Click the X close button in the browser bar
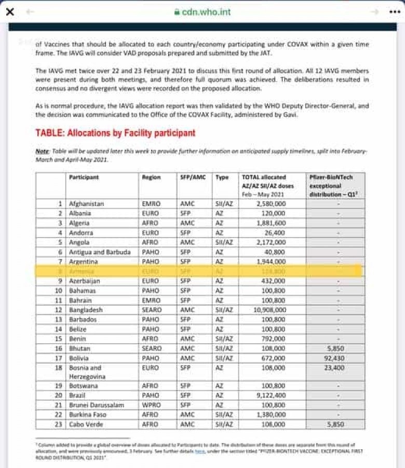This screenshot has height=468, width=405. point(9,11)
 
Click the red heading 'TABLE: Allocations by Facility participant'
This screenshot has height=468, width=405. point(115,133)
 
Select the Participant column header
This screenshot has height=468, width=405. point(84,177)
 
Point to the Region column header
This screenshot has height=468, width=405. point(151,177)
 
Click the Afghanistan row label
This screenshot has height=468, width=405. point(87,204)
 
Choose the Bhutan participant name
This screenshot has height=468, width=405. point(80,348)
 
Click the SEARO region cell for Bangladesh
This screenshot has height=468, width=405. point(152,309)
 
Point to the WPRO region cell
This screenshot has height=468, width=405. point(152,405)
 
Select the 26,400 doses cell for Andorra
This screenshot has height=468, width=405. point(274,232)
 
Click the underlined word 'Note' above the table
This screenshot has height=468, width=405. point(42,151)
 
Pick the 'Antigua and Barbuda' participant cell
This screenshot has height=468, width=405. point(99,252)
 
